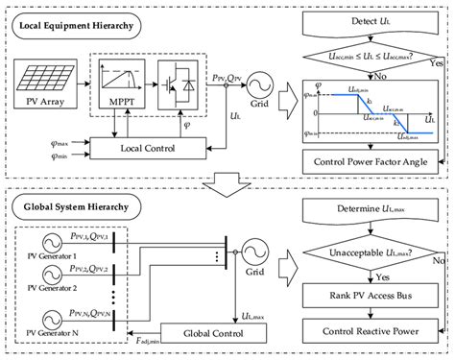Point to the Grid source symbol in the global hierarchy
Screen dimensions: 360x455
(x=255, y=252)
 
